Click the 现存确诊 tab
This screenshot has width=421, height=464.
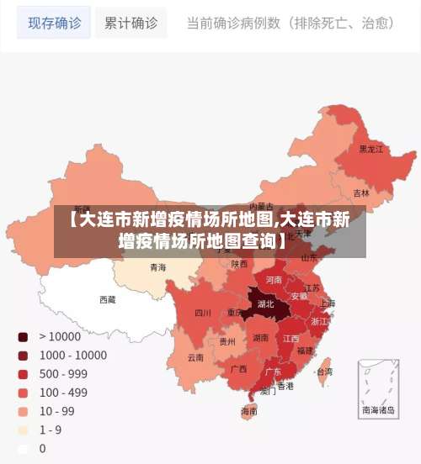click(x=55, y=23)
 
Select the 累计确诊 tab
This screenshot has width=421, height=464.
click(x=131, y=23)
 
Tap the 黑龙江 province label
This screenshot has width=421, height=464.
click(x=371, y=149)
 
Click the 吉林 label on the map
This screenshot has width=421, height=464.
click(x=361, y=192)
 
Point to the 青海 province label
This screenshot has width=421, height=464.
click(x=157, y=267)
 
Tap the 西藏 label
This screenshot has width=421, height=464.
click(x=108, y=299)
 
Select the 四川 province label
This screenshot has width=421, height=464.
click(x=203, y=313)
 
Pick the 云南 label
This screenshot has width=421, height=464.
click(x=195, y=357)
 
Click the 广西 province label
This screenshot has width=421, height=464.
click(x=239, y=368)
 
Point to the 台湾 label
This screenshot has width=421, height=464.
click(x=323, y=371)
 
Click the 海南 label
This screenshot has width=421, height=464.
click(x=249, y=411)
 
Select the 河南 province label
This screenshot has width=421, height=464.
click(x=274, y=279)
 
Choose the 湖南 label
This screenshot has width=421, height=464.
click(x=261, y=338)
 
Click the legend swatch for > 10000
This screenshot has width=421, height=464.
click(x=24, y=336)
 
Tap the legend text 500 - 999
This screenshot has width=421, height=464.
click(x=63, y=374)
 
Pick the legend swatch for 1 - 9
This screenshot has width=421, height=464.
click(x=24, y=430)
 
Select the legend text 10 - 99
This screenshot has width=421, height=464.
click(x=56, y=411)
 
